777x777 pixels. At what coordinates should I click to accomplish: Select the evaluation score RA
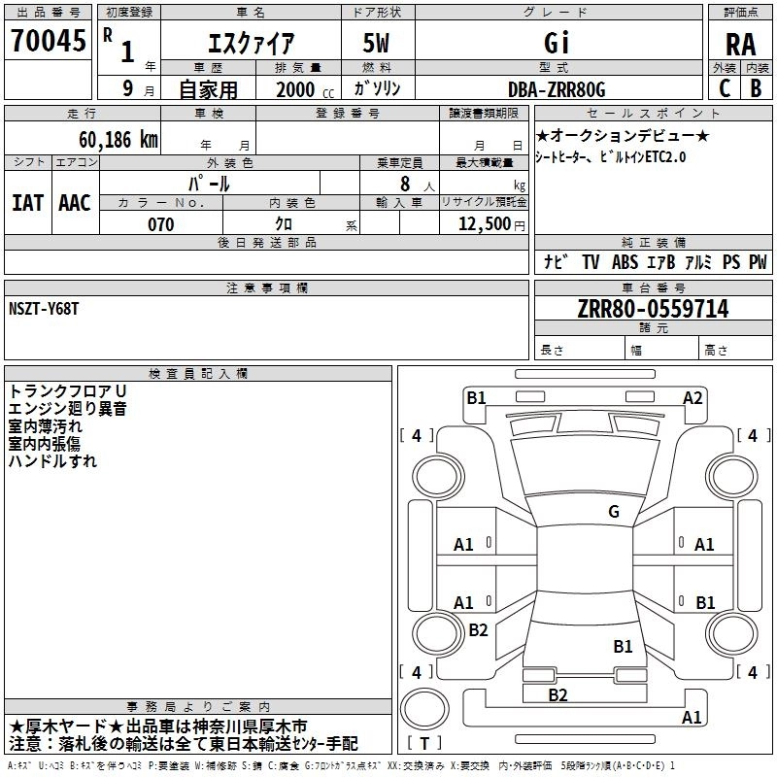(740, 44)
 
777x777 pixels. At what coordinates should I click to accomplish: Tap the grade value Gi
(557, 43)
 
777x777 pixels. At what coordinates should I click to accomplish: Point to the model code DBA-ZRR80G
(557, 89)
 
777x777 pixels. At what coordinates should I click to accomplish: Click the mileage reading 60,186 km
(107, 139)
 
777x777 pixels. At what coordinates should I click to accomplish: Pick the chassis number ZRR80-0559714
(653, 309)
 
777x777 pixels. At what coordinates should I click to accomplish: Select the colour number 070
(161, 224)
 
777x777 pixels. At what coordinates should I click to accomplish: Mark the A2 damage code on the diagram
(693, 396)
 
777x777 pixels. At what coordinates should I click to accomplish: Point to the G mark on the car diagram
(614, 511)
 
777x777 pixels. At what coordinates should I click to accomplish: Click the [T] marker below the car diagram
(424, 744)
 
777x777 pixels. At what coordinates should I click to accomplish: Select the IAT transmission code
(27, 202)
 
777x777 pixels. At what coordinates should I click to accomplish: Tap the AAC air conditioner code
(74, 202)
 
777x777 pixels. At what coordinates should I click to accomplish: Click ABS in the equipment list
(625, 262)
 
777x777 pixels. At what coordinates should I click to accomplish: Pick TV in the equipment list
(591, 262)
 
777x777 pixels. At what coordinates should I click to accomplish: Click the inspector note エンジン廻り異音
(67, 408)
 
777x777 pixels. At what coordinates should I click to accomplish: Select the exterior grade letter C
(724, 89)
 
